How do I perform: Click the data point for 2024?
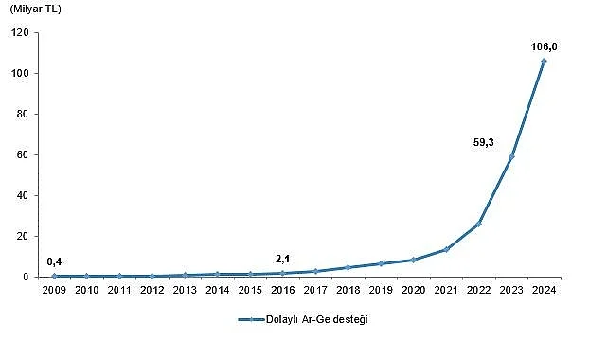pos(544,61)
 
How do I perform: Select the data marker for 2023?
pos(511,156)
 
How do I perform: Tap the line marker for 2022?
pos(478,224)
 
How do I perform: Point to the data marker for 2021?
pos(446,249)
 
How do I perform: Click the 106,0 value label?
pos(544,44)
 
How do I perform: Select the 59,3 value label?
pos(483,142)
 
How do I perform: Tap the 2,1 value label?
pos(283,258)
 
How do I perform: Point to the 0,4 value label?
pos(55,261)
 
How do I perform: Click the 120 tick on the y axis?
pos(23,33)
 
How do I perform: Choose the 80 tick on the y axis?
pos(26,115)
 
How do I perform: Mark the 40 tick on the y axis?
pos(26,196)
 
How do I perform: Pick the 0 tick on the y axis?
pos(28,278)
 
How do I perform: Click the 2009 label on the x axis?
pos(55,291)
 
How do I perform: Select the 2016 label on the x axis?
pos(283,291)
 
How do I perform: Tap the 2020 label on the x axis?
pos(414,291)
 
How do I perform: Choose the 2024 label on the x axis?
pos(544,291)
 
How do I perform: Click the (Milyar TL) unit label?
pos(35,9)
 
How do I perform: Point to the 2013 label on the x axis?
pos(186,291)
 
